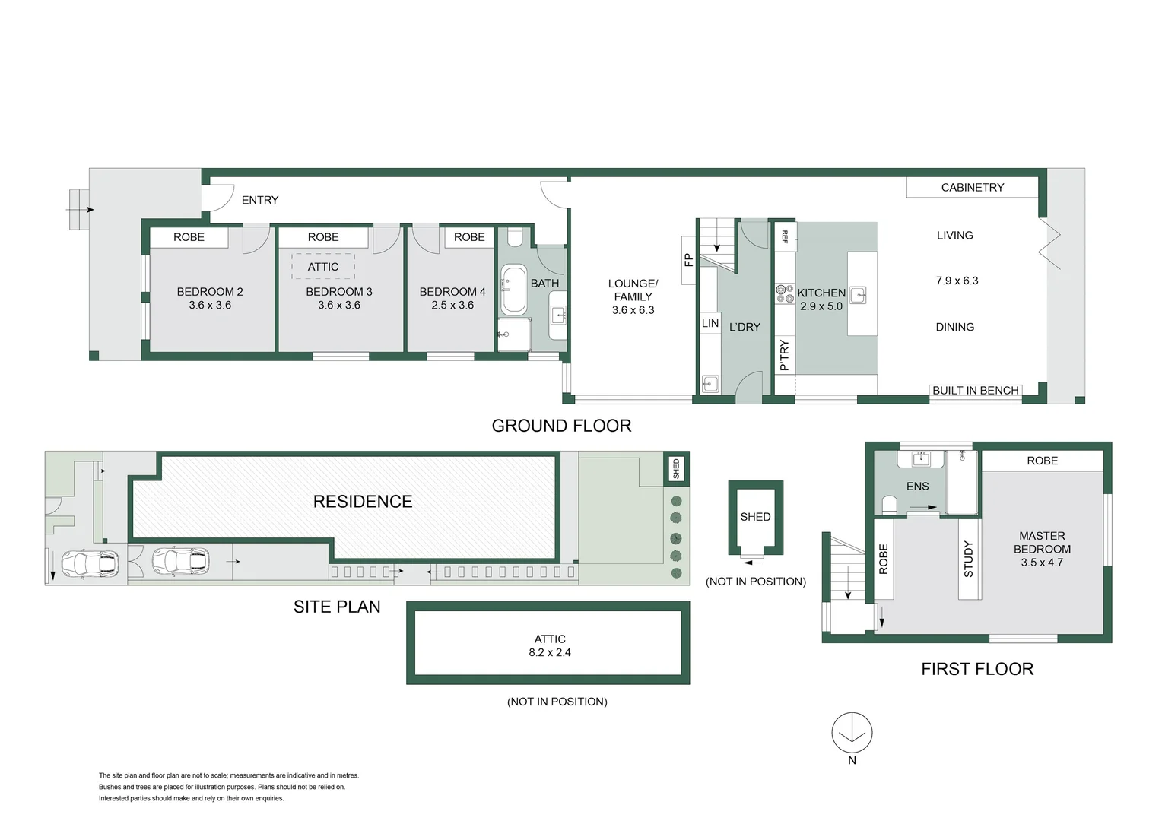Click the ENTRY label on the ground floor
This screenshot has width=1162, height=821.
[x=259, y=200]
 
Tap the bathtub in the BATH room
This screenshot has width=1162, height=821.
[x=514, y=290]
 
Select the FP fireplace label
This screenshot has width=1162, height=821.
[x=688, y=260]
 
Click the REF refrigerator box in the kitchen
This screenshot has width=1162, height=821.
[x=785, y=236]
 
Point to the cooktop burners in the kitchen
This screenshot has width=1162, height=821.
[x=785, y=293]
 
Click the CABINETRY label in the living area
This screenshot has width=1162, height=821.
[x=972, y=187]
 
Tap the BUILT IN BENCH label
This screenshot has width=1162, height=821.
[x=975, y=391]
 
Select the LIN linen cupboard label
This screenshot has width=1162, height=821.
[x=710, y=323]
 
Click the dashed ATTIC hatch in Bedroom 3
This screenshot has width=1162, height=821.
[x=323, y=267]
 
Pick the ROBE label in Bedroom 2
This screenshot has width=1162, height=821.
[x=189, y=237]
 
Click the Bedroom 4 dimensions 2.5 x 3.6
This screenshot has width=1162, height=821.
[x=452, y=305]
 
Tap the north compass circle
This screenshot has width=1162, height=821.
[x=852, y=733]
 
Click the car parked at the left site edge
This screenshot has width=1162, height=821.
[x=90, y=563]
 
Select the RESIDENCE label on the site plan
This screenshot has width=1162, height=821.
[x=363, y=502]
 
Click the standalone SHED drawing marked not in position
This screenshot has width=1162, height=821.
[x=755, y=518]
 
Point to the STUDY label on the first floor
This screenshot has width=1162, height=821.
[x=968, y=559]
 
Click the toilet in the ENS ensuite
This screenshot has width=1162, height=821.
[x=889, y=504]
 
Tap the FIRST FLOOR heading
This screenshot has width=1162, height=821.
[x=977, y=669]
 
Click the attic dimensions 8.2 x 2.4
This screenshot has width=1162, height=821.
[x=550, y=652]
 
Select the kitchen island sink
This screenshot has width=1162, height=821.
[x=859, y=295]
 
